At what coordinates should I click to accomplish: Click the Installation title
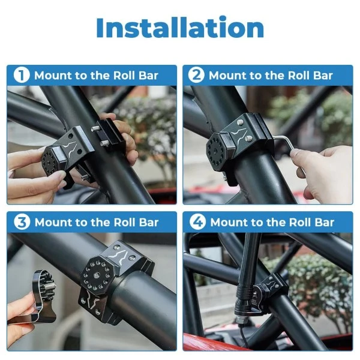(x=180, y=28)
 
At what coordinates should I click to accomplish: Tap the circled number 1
(x=22, y=76)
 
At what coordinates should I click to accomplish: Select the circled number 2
(x=196, y=76)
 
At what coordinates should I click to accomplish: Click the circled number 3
(x=22, y=222)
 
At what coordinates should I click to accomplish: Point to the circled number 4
(x=197, y=222)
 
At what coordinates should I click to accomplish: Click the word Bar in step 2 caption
(x=322, y=76)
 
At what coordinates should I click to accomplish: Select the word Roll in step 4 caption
(x=299, y=222)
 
